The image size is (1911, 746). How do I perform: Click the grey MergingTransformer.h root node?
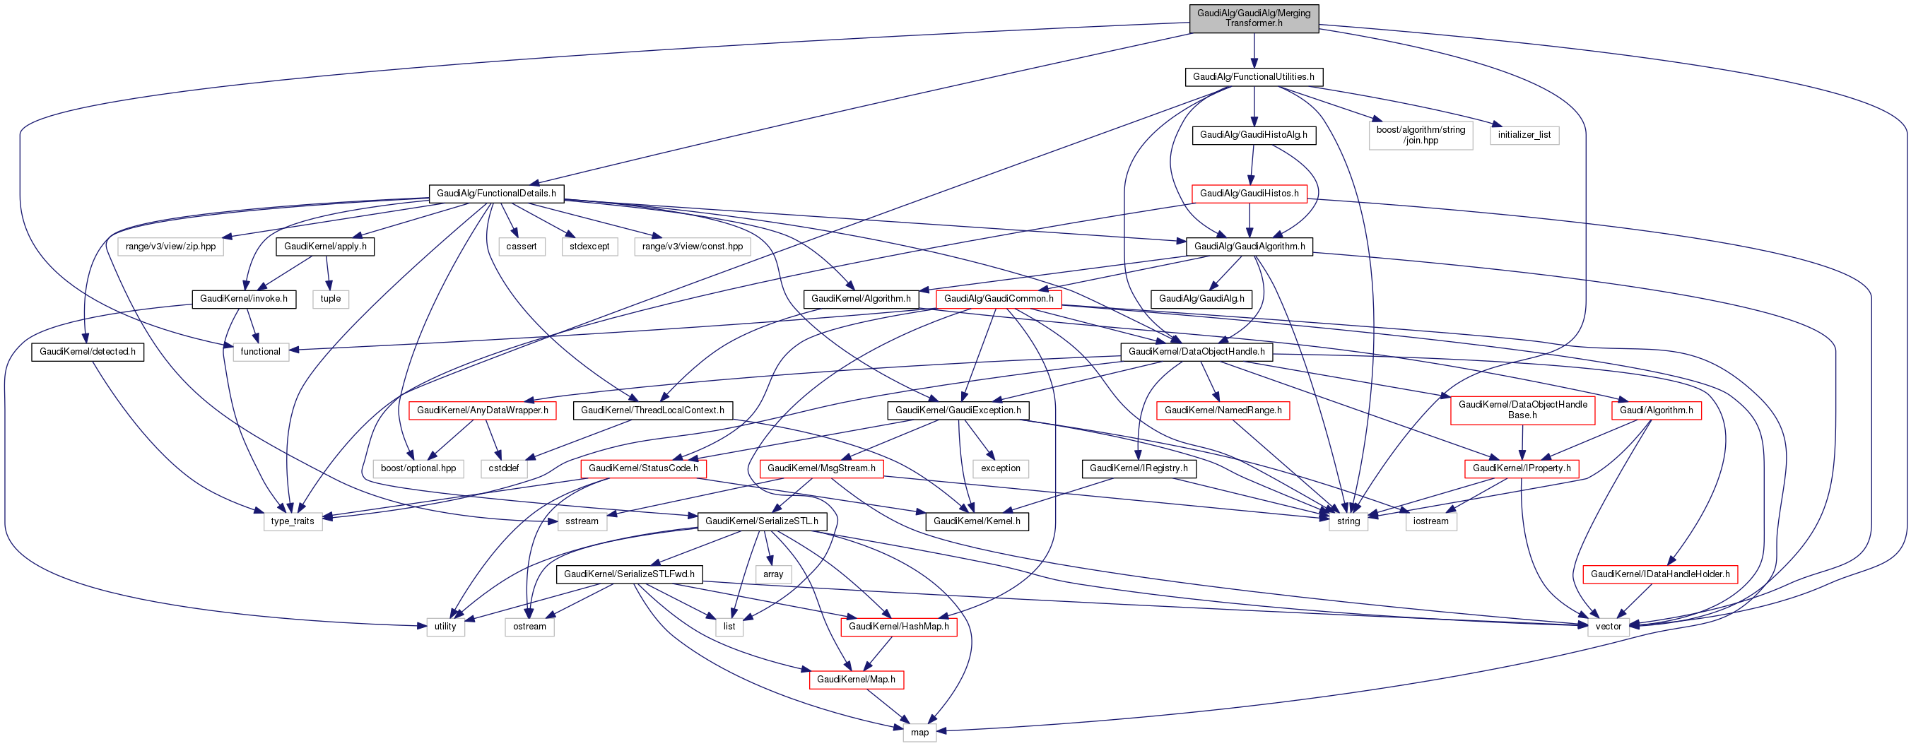click(x=1254, y=18)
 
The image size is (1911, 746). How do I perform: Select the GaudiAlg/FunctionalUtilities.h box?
click(x=1254, y=77)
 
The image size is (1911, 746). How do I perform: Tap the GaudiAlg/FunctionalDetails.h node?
click(x=496, y=194)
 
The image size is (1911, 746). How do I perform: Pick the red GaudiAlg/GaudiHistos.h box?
click(x=1249, y=194)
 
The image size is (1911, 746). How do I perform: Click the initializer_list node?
click(x=1524, y=135)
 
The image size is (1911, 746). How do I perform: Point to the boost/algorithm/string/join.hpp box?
click(x=1421, y=135)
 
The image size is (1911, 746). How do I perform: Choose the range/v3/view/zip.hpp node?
click(x=170, y=247)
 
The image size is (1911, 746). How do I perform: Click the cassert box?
click(x=522, y=247)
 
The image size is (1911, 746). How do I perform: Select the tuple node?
click(x=330, y=299)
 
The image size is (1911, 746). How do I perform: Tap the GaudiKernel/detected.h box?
click(x=88, y=352)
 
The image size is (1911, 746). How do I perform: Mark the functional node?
click(x=260, y=352)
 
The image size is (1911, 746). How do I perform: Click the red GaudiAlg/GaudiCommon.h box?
click(x=999, y=299)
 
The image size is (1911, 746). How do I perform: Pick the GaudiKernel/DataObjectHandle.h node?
click(x=1196, y=352)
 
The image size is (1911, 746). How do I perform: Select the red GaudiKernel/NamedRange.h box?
click(x=1223, y=410)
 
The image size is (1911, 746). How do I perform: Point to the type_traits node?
click(x=293, y=521)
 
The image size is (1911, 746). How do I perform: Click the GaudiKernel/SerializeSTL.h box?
click(x=762, y=521)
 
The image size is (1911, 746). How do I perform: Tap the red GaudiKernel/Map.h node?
click(x=856, y=680)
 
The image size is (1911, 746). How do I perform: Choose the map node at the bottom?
click(x=920, y=733)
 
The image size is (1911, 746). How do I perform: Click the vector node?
click(x=1609, y=627)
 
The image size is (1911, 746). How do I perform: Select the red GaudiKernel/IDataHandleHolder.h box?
click(x=1660, y=574)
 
